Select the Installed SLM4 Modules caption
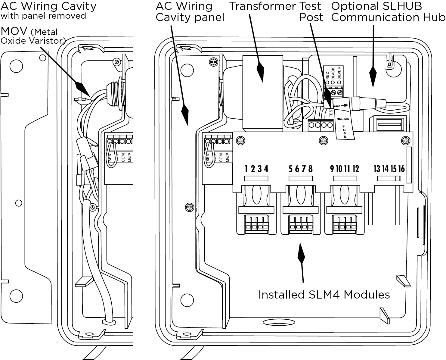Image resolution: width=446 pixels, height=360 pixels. pyautogui.click(x=324, y=295)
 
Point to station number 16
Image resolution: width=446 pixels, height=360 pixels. pyautogui.click(x=401, y=169)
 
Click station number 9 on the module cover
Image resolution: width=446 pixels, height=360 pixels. pyautogui.click(x=332, y=169)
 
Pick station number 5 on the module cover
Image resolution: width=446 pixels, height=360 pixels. pyautogui.click(x=290, y=169)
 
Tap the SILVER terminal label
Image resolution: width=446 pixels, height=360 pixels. pyautogui.click(x=339, y=73)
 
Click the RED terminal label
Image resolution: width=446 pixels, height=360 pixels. pyautogui.click(x=327, y=75)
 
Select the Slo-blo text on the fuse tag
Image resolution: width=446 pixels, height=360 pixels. pyautogui.click(x=343, y=119)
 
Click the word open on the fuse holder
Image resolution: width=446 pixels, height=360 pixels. pyautogui.click(x=337, y=106)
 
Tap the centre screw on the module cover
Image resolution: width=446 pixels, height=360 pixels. pyautogui.click(x=324, y=140)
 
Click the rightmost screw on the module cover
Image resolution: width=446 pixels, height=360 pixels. pyautogui.click(x=406, y=140)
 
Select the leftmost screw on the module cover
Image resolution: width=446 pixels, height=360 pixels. pyautogui.click(x=240, y=140)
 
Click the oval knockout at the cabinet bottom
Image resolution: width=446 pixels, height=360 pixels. pyautogui.click(x=279, y=322)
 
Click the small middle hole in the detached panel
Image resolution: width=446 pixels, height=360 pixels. pyautogui.click(x=19, y=203)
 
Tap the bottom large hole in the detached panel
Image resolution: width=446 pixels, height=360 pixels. pyautogui.click(x=16, y=296)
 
